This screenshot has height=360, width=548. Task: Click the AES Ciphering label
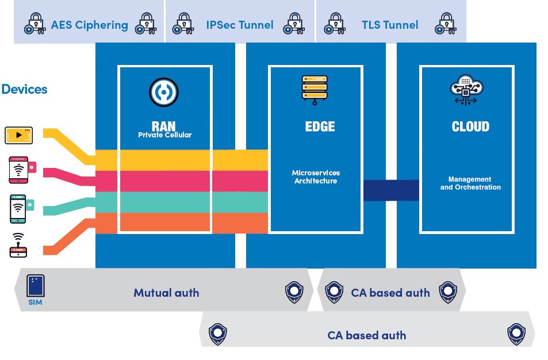point(89,25)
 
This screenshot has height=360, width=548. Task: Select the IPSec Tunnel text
point(240,25)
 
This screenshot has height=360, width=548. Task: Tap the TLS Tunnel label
point(390,25)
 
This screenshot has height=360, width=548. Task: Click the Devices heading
point(24,89)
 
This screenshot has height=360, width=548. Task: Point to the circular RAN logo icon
point(164,92)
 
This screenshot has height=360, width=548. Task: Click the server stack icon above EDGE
point(315,90)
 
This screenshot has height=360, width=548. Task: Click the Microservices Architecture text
point(316,177)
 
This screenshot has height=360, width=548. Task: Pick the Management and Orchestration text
point(470,183)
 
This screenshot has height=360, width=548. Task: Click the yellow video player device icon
point(19,136)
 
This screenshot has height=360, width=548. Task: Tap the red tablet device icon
point(19,169)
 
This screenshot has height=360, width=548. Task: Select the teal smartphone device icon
point(18,208)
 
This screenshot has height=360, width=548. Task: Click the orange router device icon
point(18,245)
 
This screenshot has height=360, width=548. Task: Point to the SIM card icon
point(36,286)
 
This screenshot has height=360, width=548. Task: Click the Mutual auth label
point(166,293)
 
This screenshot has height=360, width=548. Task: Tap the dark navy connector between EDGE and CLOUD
point(391,190)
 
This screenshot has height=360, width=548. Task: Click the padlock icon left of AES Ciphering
point(35,25)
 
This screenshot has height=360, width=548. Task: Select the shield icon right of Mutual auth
point(294,292)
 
